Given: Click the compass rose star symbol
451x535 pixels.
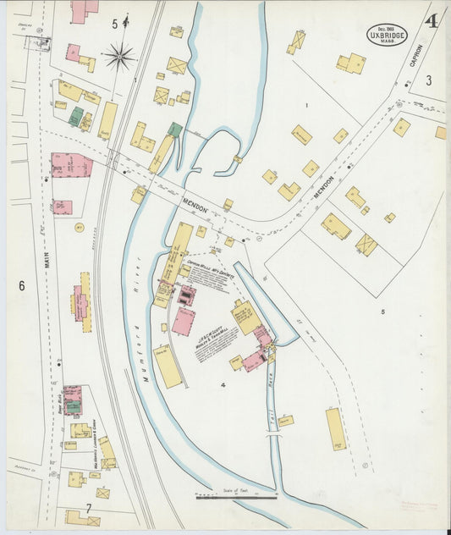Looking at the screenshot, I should click(119, 58).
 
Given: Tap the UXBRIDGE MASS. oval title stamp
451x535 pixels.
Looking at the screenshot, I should click(388, 35).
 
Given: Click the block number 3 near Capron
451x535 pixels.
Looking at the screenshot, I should click(429, 80).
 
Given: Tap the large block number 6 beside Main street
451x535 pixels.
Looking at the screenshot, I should click(22, 286).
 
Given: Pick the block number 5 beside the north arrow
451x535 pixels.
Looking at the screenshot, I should click(115, 24).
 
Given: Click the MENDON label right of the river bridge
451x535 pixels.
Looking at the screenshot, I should click(199, 205).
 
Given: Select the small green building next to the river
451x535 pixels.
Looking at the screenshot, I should click(175, 130).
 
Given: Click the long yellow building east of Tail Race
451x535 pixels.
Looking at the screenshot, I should click(336, 428).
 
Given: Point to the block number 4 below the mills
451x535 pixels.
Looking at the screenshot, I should click(223, 386).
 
